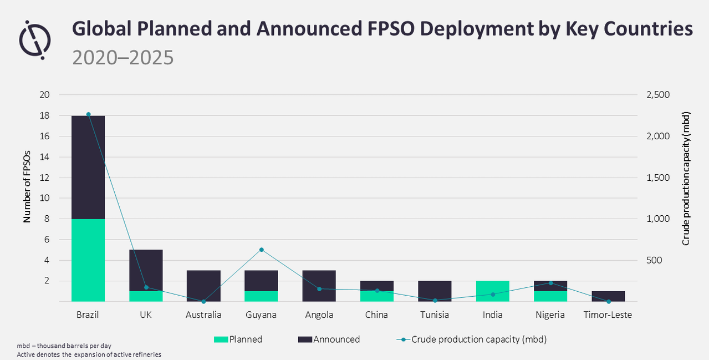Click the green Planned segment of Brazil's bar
point(88,260)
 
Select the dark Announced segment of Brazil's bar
point(88,167)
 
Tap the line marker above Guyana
point(262,250)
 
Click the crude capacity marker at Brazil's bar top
point(88,114)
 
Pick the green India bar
point(492,291)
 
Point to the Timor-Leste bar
point(608,296)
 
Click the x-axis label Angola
point(319,315)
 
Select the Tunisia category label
point(434,315)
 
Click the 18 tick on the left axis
point(44,116)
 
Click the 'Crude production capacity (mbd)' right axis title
point(686,178)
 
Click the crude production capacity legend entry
point(471,339)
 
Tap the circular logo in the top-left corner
point(35,39)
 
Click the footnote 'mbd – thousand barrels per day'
point(68,346)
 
